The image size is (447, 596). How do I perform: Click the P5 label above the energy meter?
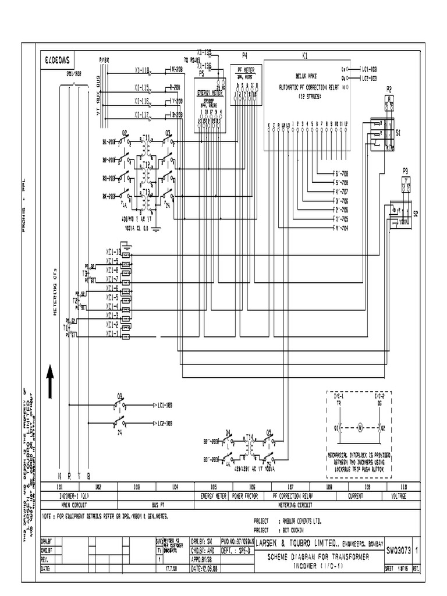pos(201,74)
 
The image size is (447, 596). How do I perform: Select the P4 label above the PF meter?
pos(244,55)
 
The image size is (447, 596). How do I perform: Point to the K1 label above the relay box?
pos(304,55)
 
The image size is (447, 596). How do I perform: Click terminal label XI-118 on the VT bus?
pos(141,70)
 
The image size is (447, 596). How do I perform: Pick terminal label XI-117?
pos(141,115)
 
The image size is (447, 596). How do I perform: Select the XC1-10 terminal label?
pos(113,252)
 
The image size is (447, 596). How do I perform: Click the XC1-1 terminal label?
pos(112,334)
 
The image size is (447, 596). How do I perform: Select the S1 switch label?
pos(398,133)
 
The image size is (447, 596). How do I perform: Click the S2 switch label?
pos(416,214)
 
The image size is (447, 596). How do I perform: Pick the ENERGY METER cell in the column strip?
pos(212,496)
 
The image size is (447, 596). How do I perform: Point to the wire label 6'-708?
pos(339,173)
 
